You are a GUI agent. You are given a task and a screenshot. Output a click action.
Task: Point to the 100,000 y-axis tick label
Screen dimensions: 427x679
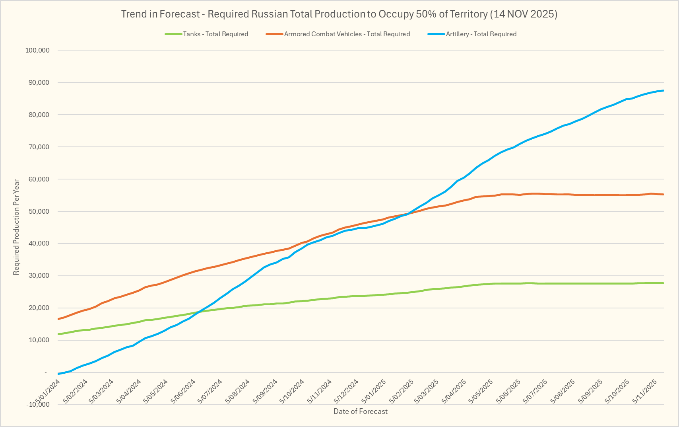click(x=37, y=50)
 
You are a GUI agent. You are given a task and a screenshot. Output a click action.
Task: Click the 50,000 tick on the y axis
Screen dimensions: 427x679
click(x=39, y=211)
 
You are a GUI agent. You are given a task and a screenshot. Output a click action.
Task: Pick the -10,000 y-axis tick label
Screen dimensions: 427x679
click(x=38, y=405)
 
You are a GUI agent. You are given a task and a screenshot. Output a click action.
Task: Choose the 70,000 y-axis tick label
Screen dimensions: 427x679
click(x=39, y=147)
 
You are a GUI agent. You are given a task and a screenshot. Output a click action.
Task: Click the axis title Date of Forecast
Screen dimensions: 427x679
click(x=360, y=411)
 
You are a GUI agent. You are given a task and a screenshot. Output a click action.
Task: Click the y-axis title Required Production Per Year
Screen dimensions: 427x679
click(x=16, y=227)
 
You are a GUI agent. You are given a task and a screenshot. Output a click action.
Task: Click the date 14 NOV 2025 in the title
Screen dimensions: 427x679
click(x=524, y=14)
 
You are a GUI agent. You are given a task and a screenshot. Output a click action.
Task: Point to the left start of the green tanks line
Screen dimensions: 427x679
click(x=58, y=334)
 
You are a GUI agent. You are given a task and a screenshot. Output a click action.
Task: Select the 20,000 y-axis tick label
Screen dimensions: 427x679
click(x=39, y=308)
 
